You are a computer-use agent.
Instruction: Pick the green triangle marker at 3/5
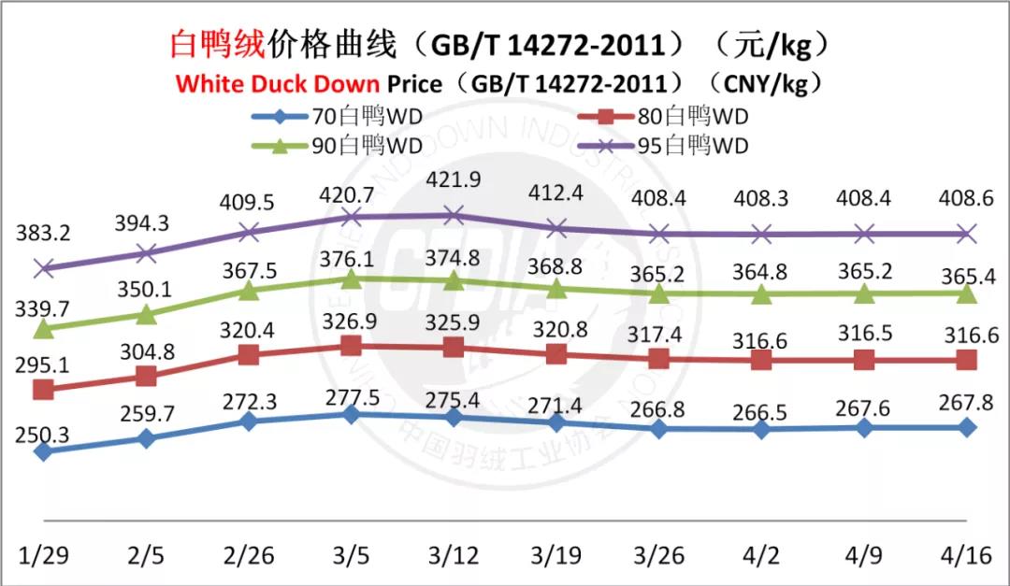click(351, 279)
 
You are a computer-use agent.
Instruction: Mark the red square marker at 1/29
click(42, 390)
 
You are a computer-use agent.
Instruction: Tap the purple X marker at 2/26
click(249, 232)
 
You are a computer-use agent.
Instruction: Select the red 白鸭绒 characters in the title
click(218, 45)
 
